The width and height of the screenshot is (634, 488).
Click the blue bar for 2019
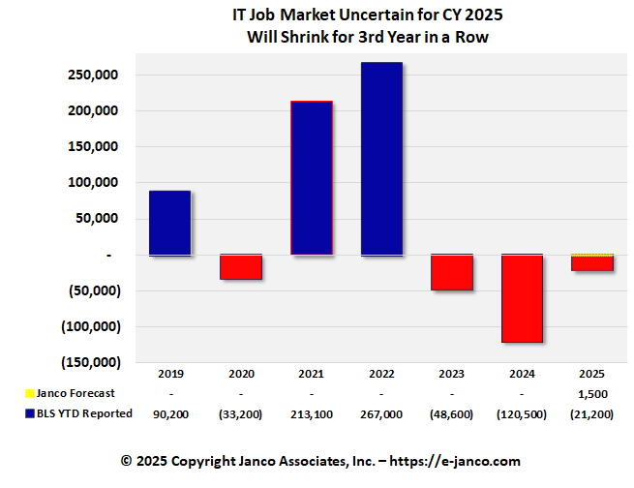coord(169,223)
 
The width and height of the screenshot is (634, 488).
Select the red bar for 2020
coord(240,266)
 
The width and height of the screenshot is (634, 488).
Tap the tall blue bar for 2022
coord(381,159)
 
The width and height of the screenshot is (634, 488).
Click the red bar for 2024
coord(522,298)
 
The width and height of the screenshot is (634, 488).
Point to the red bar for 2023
coord(452,272)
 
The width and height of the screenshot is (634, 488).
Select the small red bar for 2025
coord(591,264)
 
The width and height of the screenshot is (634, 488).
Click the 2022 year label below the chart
coord(381,373)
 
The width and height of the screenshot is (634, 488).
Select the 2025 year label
coord(591,373)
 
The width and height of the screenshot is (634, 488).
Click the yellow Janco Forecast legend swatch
coord(27,393)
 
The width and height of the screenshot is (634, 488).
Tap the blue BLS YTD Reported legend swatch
coord(27,413)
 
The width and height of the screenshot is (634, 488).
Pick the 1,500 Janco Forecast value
coord(591,393)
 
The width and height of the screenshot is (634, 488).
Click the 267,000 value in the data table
coord(381,413)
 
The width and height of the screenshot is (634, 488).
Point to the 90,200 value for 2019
coord(169,413)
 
